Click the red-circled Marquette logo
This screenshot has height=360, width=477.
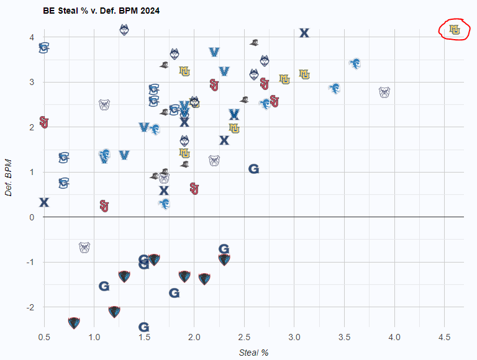(455, 29)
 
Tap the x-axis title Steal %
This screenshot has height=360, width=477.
(253, 353)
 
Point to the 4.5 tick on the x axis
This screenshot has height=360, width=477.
(443, 337)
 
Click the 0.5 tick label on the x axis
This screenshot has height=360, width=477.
(44, 337)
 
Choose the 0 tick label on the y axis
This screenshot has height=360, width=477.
(32, 217)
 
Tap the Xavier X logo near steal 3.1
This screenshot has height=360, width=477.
(304, 33)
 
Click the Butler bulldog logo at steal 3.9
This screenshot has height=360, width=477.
(384, 92)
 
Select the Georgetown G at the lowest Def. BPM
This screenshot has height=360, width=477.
(143, 327)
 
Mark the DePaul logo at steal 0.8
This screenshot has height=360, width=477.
(74, 323)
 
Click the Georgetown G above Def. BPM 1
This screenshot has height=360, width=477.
(253, 169)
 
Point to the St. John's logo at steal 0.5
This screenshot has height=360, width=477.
(44, 122)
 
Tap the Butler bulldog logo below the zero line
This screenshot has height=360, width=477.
(84, 247)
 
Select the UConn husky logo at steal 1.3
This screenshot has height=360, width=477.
(124, 29)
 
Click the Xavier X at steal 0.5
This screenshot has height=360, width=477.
(44, 202)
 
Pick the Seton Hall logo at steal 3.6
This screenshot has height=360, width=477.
(355, 64)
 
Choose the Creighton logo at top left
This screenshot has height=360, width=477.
(44, 47)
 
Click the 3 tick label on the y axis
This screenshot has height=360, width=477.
(32, 82)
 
